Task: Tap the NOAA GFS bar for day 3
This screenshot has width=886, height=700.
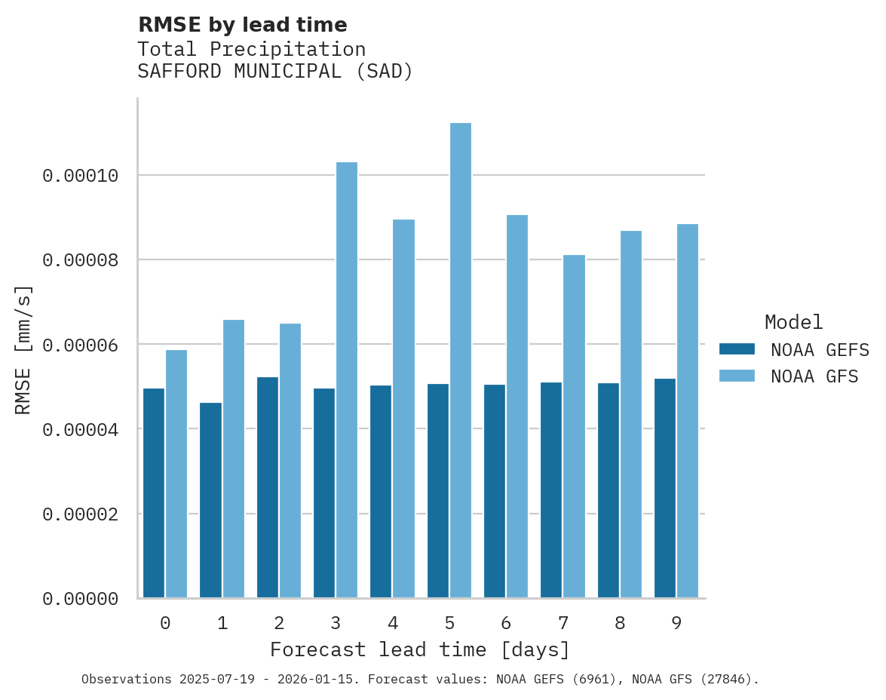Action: click(347, 380)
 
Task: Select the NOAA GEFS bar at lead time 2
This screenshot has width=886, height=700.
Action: click(268, 487)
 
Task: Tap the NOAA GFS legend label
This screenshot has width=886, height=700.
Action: click(814, 376)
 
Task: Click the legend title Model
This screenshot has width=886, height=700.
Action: click(793, 322)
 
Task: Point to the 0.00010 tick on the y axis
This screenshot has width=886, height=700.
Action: click(81, 176)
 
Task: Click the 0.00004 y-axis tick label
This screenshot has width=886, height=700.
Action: click(81, 430)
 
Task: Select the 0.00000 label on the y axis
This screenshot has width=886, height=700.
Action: click(81, 599)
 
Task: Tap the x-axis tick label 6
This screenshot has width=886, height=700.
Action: click(506, 623)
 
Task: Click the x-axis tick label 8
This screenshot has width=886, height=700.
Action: click(620, 623)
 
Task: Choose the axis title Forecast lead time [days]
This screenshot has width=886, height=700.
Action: click(420, 649)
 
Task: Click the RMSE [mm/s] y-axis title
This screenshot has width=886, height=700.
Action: click(23, 350)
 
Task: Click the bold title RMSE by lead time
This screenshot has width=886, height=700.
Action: click(243, 25)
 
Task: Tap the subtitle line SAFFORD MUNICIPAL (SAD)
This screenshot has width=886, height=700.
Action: click(275, 72)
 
